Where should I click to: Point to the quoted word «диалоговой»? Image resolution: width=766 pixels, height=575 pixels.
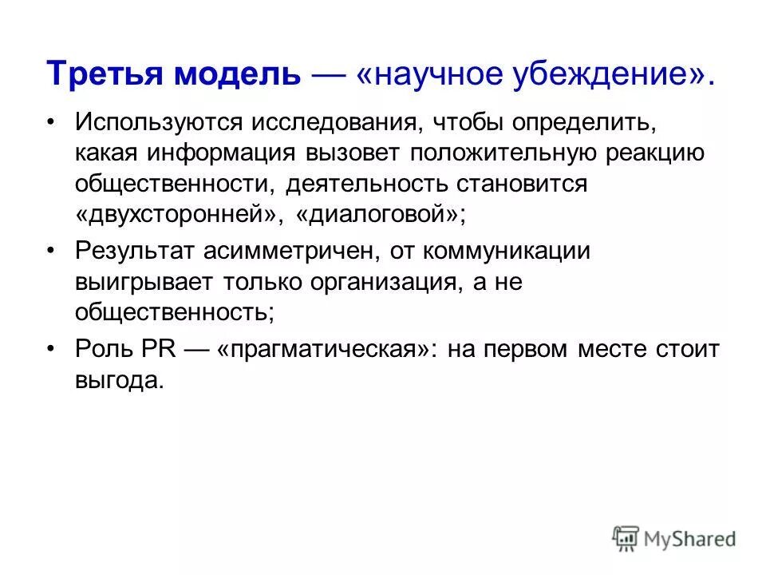(x=380, y=214)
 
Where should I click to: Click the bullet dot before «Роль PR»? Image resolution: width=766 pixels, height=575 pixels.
(x=53, y=348)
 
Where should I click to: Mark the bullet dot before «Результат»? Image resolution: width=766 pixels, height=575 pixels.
(x=53, y=252)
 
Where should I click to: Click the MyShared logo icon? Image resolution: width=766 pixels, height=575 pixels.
(x=626, y=539)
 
